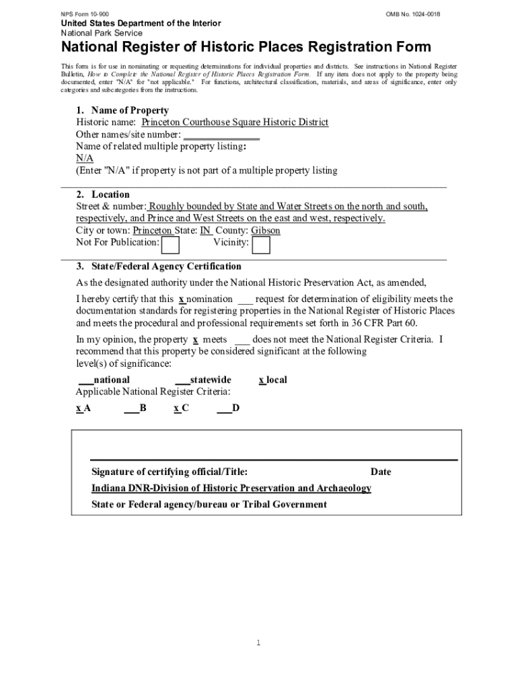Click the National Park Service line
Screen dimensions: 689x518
coord(102,33)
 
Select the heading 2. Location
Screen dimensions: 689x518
coord(102,194)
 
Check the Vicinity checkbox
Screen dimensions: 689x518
coord(261,246)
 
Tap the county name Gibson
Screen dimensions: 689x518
coord(266,230)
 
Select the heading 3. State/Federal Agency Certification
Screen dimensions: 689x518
coord(158,266)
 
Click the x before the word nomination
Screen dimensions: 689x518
coord(182,299)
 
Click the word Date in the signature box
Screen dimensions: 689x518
coord(380,472)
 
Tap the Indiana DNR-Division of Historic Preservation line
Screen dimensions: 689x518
coord(231,488)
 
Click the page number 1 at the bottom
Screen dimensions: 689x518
coord(258,643)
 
